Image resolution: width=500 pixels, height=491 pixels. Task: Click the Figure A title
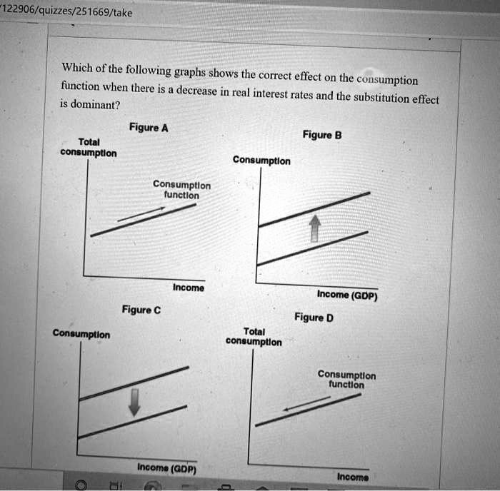coord(149,128)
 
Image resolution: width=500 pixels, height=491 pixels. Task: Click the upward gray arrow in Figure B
coord(312,228)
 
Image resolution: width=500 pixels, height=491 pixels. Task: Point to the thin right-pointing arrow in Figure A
coord(141,213)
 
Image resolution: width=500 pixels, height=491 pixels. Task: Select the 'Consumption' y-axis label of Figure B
coord(261,161)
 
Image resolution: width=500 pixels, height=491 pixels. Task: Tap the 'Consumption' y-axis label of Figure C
coord(81,334)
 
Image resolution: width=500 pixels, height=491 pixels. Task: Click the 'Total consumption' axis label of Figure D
coord(254,337)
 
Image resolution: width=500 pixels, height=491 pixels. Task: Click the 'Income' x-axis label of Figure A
coord(188,288)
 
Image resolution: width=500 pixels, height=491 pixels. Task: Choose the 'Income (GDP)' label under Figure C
coord(167,469)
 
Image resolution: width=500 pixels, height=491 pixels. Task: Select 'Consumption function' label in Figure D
coord(346,380)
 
